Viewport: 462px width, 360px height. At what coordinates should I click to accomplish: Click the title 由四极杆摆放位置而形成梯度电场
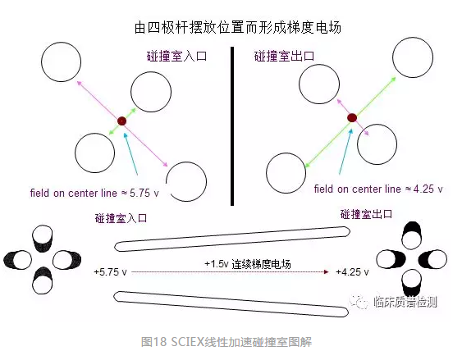pos(238,28)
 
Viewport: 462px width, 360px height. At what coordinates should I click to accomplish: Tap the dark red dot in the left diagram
pos(121,121)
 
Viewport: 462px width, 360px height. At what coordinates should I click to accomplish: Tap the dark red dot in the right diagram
pos(352,118)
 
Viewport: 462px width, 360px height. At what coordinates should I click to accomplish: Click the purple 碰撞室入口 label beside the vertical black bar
pos(176,56)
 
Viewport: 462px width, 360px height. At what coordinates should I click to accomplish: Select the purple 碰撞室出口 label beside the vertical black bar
pos(284,56)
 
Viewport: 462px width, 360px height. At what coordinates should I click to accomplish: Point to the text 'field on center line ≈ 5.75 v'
pos(94,193)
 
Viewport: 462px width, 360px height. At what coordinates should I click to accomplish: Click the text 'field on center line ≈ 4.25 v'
pos(378,189)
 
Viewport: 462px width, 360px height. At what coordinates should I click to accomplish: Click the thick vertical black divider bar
pos(232,126)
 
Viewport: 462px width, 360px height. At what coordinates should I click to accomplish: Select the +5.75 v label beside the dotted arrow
pos(110,271)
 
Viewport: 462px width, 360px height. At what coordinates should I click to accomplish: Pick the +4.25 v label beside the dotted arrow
pos(352,271)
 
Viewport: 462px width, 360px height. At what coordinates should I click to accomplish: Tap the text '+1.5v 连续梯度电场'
pos(248,264)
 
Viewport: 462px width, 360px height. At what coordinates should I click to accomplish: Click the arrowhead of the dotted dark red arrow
pos(326,271)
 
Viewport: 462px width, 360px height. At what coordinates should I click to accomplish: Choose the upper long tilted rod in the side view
pos(232,239)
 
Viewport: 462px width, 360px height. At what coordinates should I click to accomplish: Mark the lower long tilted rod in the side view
pos(231,304)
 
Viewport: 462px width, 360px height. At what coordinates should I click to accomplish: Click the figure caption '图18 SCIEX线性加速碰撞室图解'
pos(226,342)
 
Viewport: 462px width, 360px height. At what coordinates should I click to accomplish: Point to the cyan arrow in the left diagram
pos(130,154)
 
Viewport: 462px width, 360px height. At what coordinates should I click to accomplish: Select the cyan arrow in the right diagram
pos(345,152)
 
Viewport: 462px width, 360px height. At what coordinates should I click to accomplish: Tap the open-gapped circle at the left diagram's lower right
pos(206,181)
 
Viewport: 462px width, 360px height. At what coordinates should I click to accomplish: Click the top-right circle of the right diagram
pos(413,57)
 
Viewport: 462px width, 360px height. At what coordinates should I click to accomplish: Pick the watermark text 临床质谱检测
pos(405,302)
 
